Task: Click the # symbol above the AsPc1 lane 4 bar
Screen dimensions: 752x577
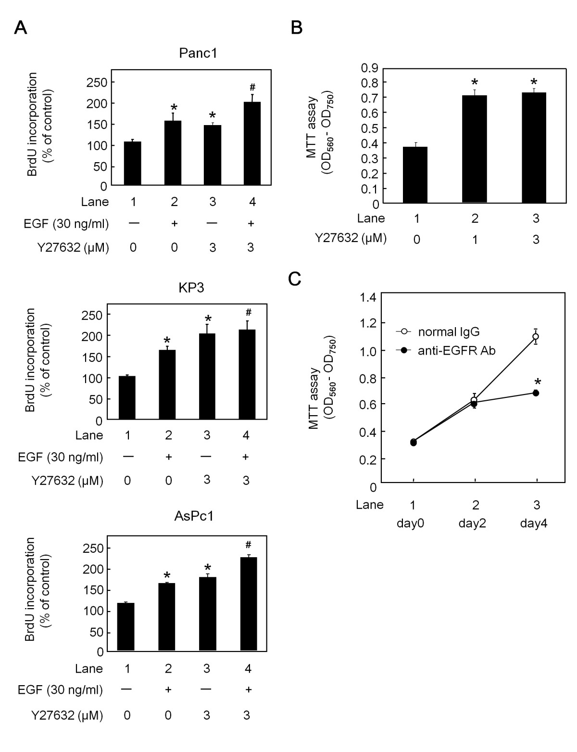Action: coord(249,545)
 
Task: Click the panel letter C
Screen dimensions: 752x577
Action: coord(294,280)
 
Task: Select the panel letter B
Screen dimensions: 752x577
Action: coord(297,28)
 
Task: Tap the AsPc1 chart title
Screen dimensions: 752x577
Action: coord(194,517)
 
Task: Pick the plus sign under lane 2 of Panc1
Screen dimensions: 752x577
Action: coord(174,224)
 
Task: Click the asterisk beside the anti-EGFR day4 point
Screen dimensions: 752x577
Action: coord(538,382)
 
